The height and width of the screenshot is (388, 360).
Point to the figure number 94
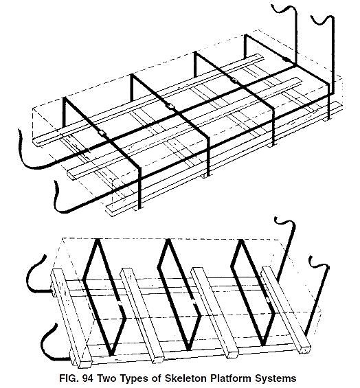(88, 378)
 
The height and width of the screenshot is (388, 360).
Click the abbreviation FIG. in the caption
(69, 378)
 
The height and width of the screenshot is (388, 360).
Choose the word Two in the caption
(105, 378)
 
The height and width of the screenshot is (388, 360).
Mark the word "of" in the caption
(154, 378)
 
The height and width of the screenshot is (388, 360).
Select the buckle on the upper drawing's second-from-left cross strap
(170, 106)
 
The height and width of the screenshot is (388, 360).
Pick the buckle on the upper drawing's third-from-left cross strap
(233, 80)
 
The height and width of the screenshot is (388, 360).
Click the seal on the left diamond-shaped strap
(120, 304)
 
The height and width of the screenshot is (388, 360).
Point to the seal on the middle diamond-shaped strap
(194, 301)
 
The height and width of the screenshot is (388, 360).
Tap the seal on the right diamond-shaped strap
(268, 299)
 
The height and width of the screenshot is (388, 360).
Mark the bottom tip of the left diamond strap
(111, 354)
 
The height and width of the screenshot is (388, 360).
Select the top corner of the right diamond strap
(240, 240)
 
